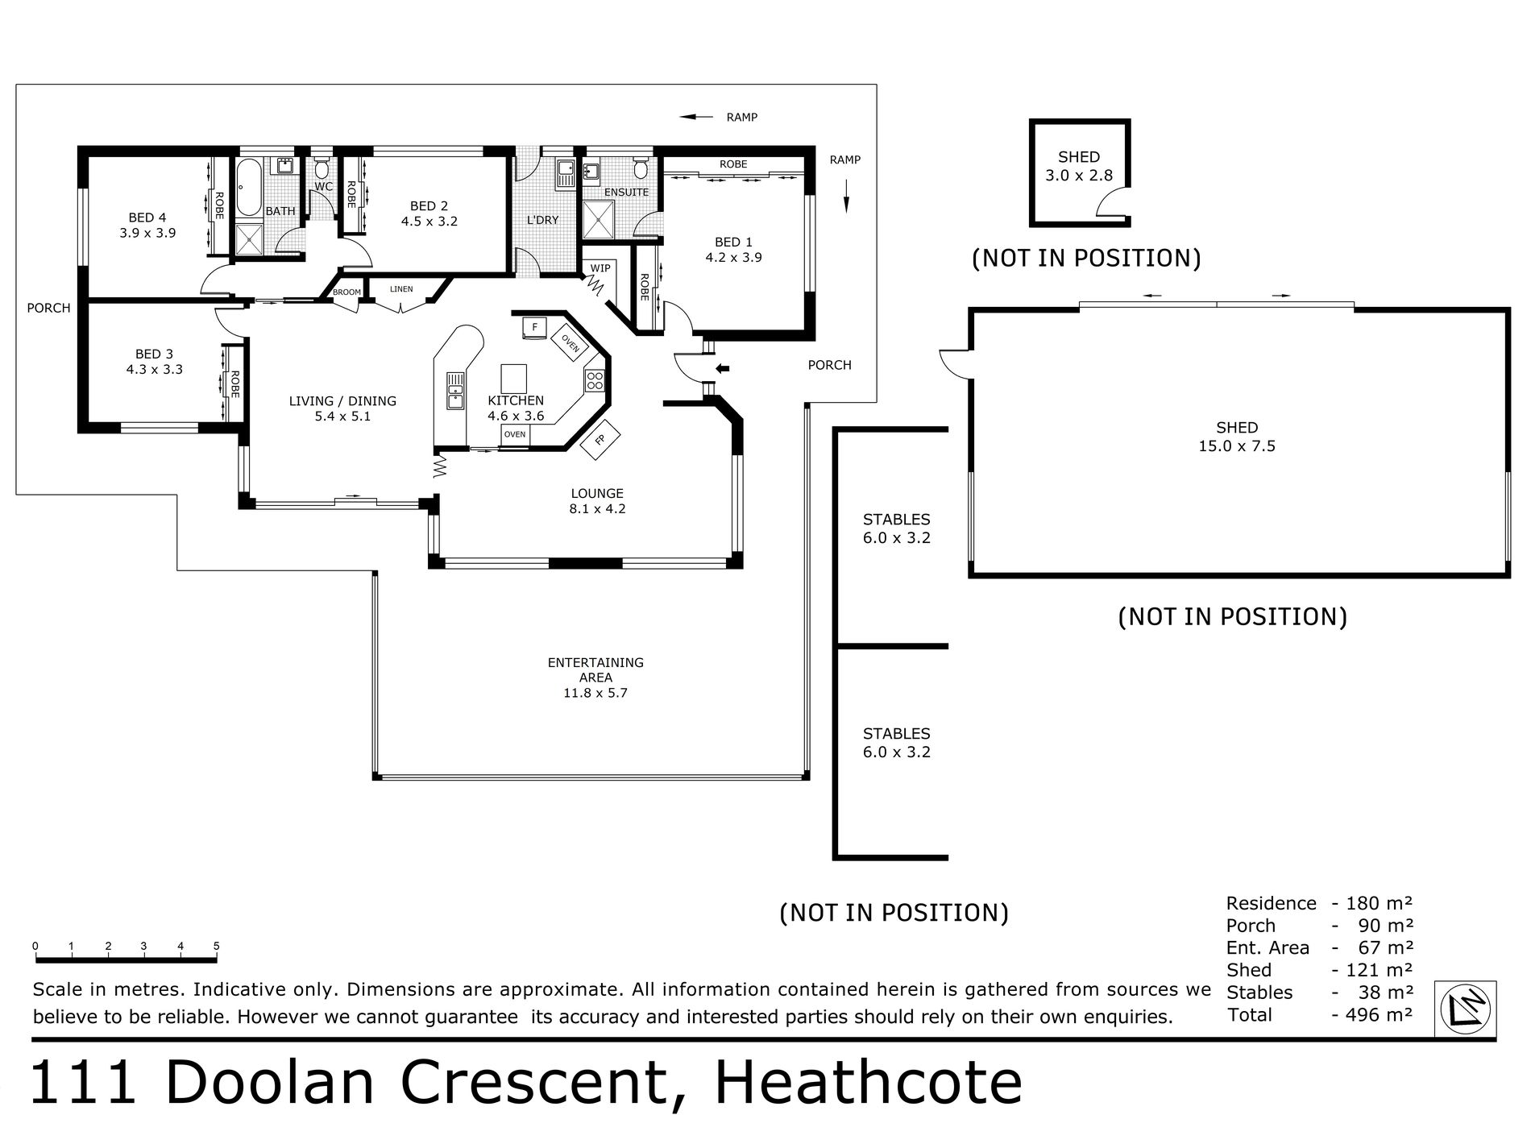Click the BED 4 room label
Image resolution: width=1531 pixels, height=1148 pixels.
click(x=147, y=218)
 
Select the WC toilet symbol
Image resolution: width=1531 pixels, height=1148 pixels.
click(x=322, y=168)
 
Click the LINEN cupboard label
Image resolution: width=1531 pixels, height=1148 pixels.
click(x=400, y=289)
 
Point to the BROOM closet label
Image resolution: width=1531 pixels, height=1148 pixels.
click(x=346, y=292)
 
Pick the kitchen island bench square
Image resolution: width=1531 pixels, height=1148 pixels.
click(x=514, y=378)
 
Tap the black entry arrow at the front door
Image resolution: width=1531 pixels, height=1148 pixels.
click(x=723, y=369)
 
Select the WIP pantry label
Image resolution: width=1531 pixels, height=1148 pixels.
click(x=600, y=267)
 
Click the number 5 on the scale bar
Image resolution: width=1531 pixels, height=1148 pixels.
click(x=216, y=946)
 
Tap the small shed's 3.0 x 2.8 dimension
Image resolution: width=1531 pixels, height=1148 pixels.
click(x=1078, y=175)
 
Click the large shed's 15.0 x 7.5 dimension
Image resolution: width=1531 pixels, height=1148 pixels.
click(x=1237, y=446)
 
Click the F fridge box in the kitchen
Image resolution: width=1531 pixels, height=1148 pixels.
click(x=534, y=328)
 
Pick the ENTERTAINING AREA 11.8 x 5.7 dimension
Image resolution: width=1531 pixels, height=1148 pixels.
click(x=595, y=693)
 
